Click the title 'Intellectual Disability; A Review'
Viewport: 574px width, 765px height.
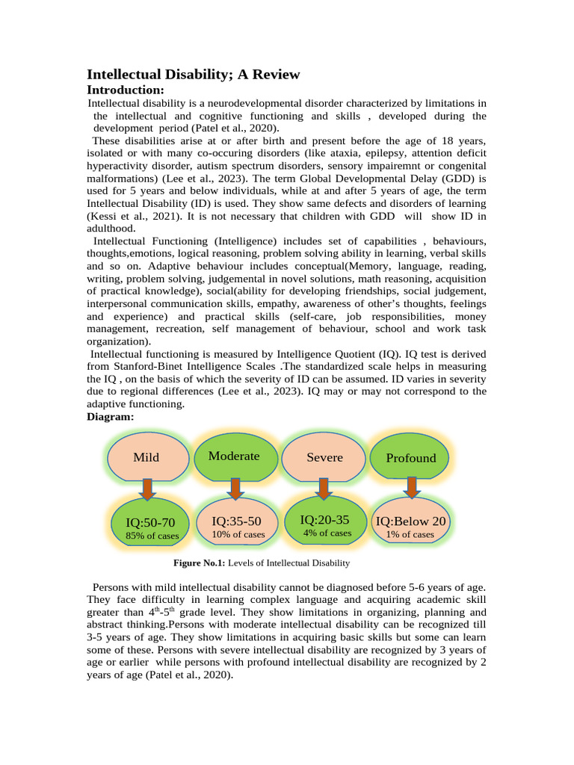(194, 74)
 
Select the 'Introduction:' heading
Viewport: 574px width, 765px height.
(125, 90)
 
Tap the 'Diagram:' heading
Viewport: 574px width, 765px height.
(111, 417)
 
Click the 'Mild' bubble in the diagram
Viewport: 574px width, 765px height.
(146, 457)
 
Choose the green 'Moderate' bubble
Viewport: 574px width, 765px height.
(234, 456)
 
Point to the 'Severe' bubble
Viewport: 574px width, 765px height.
(324, 457)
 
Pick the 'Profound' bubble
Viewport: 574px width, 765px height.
(410, 458)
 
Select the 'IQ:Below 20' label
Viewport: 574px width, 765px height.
(410, 521)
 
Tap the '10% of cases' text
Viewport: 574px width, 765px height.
(238, 534)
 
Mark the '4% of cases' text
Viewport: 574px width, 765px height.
(327, 533)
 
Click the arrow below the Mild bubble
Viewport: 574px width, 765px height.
(147, 489)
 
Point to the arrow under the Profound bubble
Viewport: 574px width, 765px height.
(410, 487)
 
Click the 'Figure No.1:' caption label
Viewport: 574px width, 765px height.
(199, 563)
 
